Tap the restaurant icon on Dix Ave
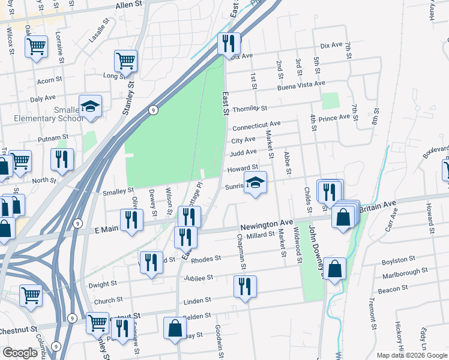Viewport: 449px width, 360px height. coord(229,44)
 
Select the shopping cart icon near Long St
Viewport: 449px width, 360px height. coord(126,60)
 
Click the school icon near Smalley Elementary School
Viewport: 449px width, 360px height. coord(91,106)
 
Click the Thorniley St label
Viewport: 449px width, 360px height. coord(249,109)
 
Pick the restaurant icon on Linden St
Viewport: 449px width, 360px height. coord(245,286)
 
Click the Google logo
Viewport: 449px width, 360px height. coord(20,353)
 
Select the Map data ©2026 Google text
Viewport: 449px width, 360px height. coord(412,355)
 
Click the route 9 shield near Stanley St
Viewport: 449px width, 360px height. coord(154,110)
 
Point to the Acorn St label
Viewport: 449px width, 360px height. coord(49,80)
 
